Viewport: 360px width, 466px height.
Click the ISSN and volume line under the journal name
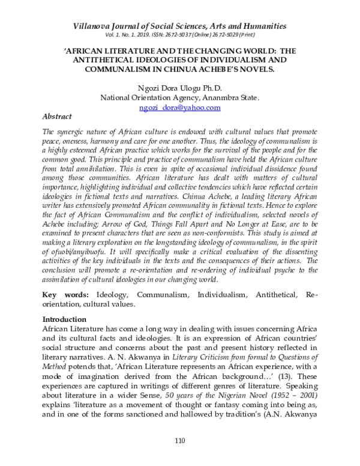[x=179, y=35]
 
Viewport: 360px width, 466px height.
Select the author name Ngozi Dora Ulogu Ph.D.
[x=179, y=88]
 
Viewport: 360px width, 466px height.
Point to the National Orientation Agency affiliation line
[x=179, y=97]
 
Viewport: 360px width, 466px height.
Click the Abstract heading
[x=57, y=116]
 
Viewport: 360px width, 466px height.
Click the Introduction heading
[x=64, y=319]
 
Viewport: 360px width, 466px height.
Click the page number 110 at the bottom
[x=179, y=441]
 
